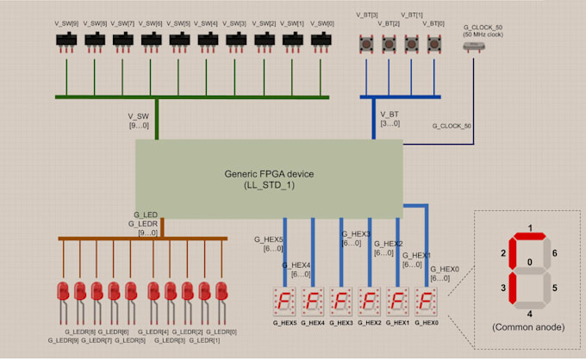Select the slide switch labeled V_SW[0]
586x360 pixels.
(x=321, y=40)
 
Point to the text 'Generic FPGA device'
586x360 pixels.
(x=269, y=172)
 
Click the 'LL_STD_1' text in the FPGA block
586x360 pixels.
(x=269, y=185)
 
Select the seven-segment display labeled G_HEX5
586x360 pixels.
(x=284, y=301)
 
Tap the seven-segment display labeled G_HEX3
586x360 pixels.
(x=341, y=301)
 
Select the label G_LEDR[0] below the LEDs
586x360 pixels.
(x=221, y=332)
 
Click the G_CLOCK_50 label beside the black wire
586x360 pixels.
(x=452, y=127)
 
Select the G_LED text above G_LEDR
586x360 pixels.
(x=146, y=214)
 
